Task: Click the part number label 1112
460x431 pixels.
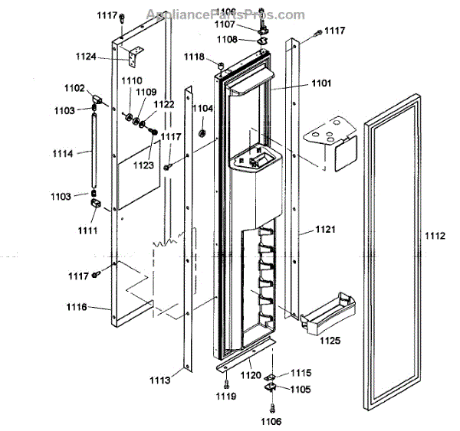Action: click(434, 237)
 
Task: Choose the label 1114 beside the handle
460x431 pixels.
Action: click(63, 154)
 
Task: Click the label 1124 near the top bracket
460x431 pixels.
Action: click(107, 55)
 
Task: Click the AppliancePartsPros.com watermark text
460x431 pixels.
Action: click(231, 15)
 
